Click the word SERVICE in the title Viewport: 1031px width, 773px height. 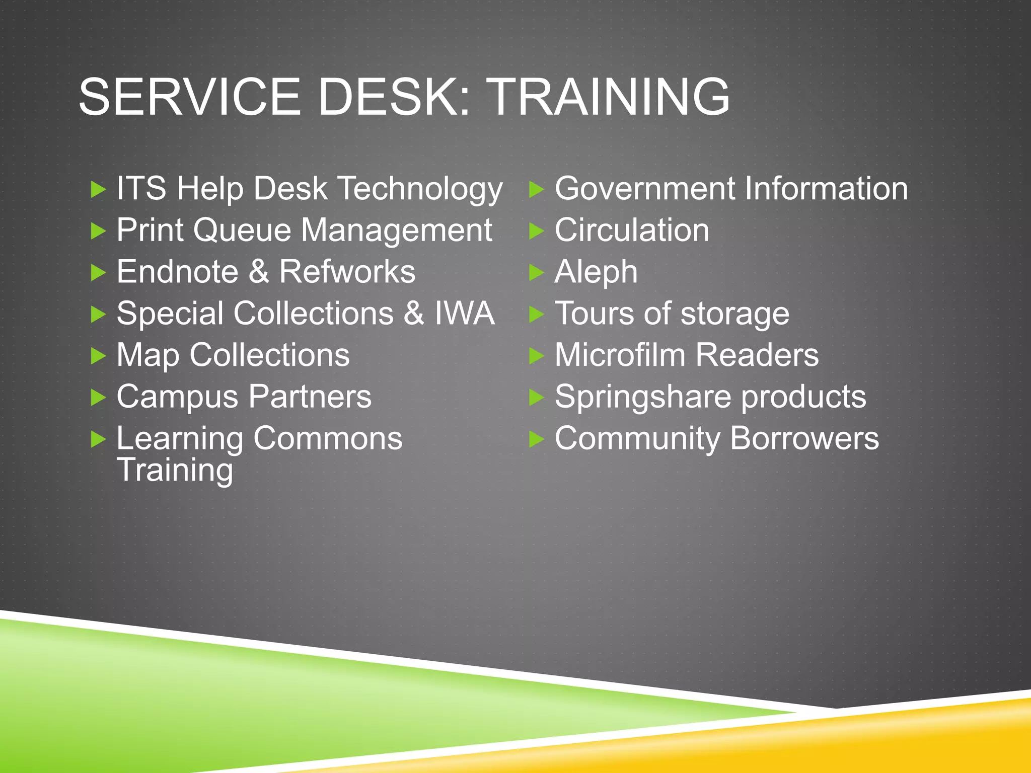(x=189, y=97)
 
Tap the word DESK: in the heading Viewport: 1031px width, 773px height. (x=394, y=97)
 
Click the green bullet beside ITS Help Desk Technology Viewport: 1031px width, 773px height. (x=98, y=190)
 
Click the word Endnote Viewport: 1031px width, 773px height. (x=177, y=272)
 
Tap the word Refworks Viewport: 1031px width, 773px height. (x=347, y=272)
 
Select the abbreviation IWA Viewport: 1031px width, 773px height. (x=464, y=314)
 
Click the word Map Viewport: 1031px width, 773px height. (x=148, y=356)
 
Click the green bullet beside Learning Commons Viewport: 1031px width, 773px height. (x=98, y=439)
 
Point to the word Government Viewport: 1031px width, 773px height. (x=644, y=189)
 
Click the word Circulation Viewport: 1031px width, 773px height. (x=632, y=230)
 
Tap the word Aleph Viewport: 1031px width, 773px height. (x=596, y=273)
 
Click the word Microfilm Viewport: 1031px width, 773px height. (x=620, y=355)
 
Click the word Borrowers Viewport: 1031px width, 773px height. (x=804, y=438)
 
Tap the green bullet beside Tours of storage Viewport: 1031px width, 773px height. (x=537, y=315)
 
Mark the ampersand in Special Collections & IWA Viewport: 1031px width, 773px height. (x=414, y=314)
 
